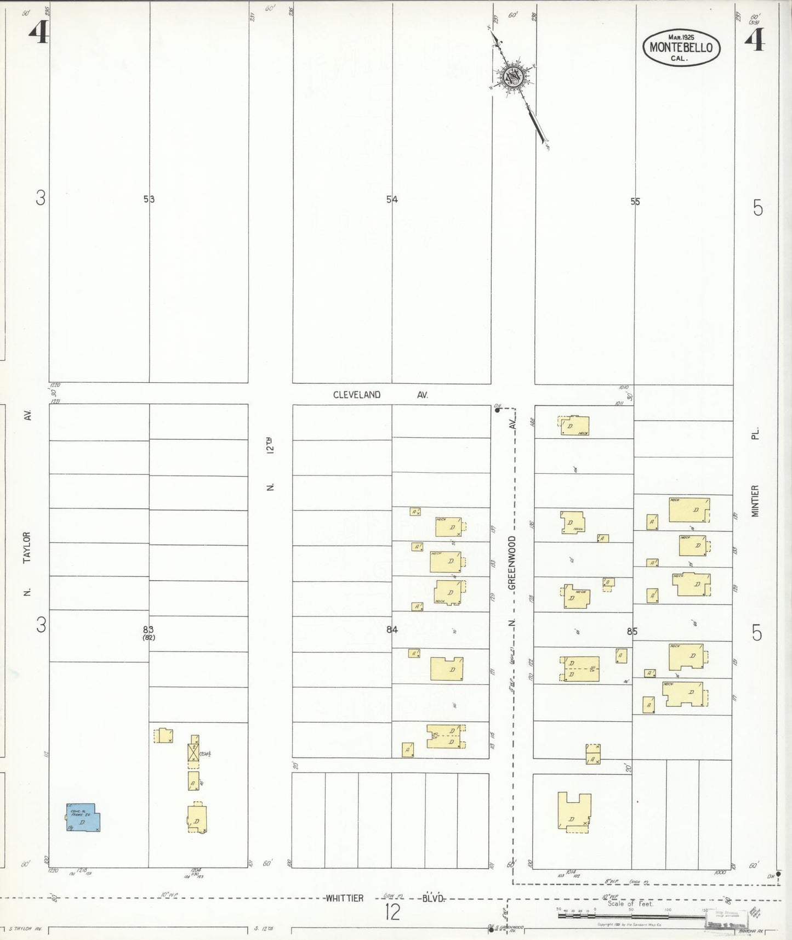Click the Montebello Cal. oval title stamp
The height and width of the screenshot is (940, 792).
681,48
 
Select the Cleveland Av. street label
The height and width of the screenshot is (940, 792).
380,394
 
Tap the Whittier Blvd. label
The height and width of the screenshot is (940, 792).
384,898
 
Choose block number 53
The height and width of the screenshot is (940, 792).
149,199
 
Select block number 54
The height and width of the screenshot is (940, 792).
392,200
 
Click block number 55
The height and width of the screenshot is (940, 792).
635,202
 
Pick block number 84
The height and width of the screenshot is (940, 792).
392,630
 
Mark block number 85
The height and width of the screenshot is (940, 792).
633,631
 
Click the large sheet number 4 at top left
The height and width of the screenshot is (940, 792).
38,33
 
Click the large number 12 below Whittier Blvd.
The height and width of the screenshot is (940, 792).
392,912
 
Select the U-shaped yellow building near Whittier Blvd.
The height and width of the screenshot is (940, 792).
574,812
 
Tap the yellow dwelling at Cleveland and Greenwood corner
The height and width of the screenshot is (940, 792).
574,426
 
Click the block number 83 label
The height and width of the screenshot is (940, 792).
149,630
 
